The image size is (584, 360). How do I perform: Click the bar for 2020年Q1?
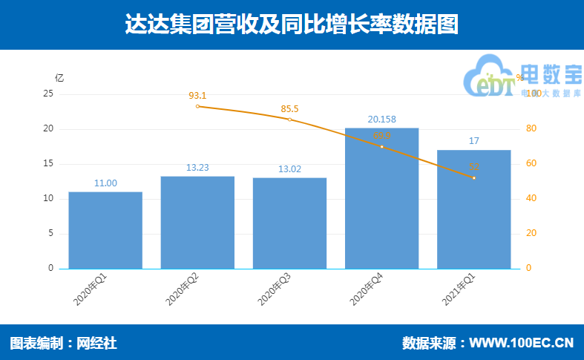[105, 230]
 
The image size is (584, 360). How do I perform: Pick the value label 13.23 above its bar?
[197, 168]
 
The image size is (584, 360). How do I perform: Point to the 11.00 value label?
[105, 183]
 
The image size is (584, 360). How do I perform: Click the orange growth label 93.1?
[197, 96]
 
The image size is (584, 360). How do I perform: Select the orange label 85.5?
[289, 109]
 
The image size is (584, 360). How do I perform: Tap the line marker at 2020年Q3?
[289, 120]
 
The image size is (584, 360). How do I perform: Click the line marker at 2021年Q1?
[473, 178]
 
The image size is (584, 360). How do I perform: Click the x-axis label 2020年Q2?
[182, 289]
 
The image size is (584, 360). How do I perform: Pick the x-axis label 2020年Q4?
[366, 289]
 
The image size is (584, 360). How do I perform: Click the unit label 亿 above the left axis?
[59, 77]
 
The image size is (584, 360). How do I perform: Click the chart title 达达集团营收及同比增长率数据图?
[292, 24]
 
